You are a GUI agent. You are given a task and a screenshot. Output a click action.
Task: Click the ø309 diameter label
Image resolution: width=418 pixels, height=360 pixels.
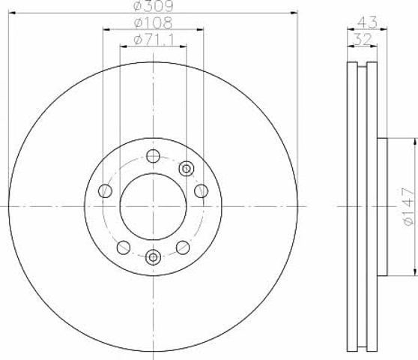point(154,6)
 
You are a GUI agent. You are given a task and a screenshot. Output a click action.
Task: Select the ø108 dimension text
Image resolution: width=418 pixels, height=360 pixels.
point(154,23)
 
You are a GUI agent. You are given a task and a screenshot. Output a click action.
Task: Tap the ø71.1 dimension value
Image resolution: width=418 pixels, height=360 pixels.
point(154,40)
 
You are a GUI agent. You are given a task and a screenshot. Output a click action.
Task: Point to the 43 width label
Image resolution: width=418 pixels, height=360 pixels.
point(367,22)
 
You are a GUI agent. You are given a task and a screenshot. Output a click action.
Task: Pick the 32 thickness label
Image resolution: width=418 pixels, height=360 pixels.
point(363,40)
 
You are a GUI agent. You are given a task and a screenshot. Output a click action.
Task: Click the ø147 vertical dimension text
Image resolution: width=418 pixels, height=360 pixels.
point(409,207)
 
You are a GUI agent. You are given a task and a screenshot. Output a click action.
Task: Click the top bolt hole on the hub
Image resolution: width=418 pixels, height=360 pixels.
point(154,156)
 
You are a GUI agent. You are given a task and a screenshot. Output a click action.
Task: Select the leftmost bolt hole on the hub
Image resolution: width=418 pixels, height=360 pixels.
point(105,191)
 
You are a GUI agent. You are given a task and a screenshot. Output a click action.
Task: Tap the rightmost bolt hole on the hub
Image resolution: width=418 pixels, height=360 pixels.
point(202,191)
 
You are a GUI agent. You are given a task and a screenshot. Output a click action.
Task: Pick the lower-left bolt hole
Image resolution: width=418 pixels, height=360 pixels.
point(124,247)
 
